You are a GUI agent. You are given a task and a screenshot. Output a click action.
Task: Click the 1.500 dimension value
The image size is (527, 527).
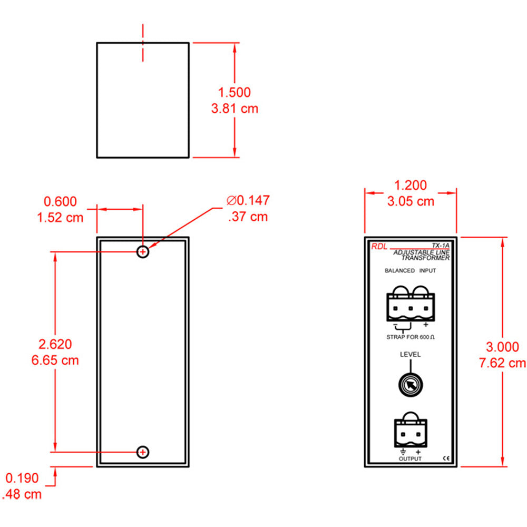click(235, 92)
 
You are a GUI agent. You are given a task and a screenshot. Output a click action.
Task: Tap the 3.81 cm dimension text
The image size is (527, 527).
click(235, 109)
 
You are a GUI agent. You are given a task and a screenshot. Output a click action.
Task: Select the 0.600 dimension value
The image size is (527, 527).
click(60, 201)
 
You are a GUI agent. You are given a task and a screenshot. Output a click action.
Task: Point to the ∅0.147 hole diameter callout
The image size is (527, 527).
click(248, 200)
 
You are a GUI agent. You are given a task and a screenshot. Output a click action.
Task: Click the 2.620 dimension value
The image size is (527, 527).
click(55, 344)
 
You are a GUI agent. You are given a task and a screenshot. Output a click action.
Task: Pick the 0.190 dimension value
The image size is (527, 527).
click(22, 478)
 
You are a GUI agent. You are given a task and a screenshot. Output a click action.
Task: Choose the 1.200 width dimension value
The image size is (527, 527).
click(411, 185)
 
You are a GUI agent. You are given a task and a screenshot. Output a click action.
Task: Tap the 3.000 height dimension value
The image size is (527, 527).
click(502, 347)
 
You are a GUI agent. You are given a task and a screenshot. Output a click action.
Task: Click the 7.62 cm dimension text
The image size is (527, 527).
click(502, 363)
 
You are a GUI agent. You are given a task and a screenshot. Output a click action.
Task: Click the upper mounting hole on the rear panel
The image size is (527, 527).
click(143, 251)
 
